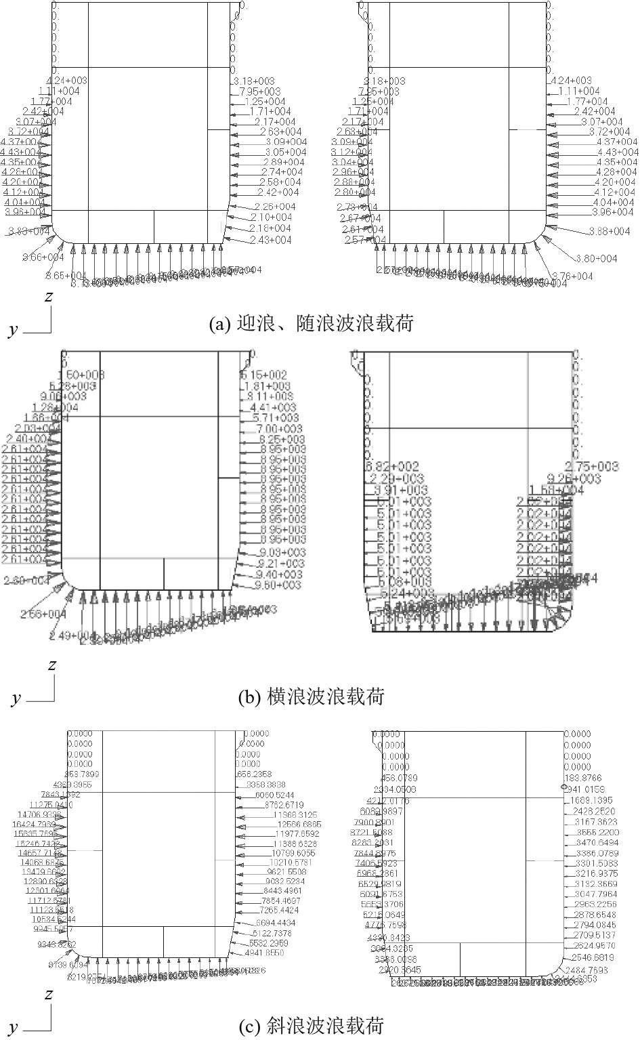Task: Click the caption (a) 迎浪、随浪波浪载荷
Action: click(x=311, y=324)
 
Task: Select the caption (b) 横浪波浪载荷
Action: click(x=312, y=696)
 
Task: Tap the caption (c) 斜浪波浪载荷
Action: click(x=311, y=1026)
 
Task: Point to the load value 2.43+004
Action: click(x=270, y=241)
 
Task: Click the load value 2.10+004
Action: click(x=271, y=217)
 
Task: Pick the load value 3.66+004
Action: click(x=43, y=257)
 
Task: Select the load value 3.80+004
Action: click(x=597, y=259)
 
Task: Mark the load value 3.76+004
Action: click(x=572, y=276)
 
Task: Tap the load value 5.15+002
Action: click(x=264, y=375)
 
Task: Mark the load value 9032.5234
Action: click(x=285, y=881)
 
